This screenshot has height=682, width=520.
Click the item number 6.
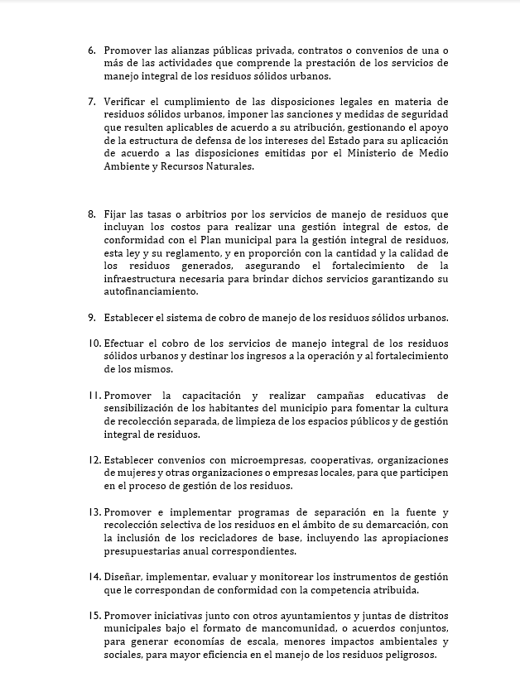tap(92, 50)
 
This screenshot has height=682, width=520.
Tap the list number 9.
tap(92, 317)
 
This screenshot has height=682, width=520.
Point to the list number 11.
tap(94, 395)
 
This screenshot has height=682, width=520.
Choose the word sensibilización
tap(144, 408)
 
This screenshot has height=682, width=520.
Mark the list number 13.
tap(94, 511)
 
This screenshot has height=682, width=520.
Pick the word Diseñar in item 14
tap(125, 576)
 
